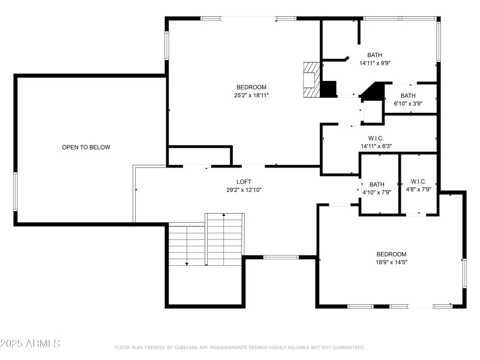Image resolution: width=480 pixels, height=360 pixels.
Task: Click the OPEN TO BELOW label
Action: (x=86, y=147)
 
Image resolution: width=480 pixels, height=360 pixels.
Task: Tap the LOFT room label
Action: (x=244, y=182)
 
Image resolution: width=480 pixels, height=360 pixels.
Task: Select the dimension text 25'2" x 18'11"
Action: (x=251, y=95)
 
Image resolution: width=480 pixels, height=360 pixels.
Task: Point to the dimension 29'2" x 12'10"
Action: (x=244, y=190)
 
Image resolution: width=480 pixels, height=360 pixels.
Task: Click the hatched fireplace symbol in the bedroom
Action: (x=311, y=79)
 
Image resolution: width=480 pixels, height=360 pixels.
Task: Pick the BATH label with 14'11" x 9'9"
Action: (x=375, y=55)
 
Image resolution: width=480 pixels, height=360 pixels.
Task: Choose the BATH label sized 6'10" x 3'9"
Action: (x=408, y=96)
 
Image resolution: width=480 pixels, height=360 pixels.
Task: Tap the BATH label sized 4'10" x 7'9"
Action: (x=377, y=184)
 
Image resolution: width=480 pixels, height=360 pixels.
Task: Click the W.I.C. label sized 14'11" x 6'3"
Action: (x=376, y=137)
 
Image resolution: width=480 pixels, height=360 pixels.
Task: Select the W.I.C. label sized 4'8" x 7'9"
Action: (x=418, y=181)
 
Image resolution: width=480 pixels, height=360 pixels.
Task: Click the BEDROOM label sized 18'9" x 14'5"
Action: (x=391, y=254)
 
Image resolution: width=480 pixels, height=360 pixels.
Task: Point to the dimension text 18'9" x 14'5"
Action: (x=391, y=262)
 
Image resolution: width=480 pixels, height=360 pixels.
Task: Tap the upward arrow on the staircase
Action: (x=224, y=215)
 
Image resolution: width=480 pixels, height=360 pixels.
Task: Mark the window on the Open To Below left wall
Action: (x=16, y=191)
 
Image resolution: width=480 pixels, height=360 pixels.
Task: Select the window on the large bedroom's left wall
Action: (x=167, y=45)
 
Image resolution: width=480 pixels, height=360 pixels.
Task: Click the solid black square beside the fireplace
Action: (x=328, y=89)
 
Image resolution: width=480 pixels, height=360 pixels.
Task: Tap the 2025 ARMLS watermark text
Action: (x=30, y=344)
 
